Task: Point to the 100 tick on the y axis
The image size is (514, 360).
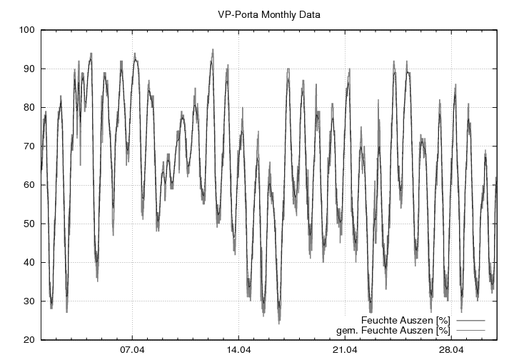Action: [27, 30]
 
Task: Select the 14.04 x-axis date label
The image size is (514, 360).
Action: [238, 351]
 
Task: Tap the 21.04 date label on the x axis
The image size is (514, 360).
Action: [345, 351]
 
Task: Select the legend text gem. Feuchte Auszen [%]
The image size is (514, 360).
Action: [393, 330]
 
